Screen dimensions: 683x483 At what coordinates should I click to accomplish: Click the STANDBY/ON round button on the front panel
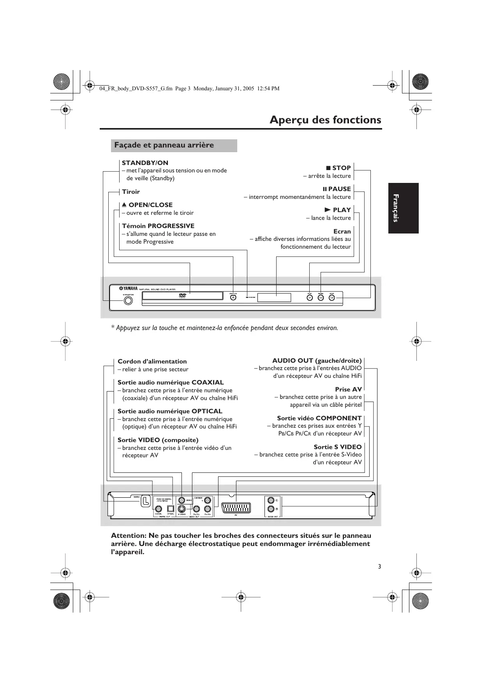click(128, 301)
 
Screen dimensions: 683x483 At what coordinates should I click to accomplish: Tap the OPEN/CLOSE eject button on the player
click(233, 298)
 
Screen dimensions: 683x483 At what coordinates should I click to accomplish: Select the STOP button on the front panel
click(331, 298)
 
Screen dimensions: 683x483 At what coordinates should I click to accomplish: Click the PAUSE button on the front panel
click(321, 298)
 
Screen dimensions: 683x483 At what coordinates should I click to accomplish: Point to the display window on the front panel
click(274, 298)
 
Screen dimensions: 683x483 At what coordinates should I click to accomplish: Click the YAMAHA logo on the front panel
click(128, 289)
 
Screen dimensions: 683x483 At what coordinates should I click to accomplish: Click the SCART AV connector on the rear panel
click(236, 508)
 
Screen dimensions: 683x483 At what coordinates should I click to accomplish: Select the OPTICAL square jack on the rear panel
click(170, 509)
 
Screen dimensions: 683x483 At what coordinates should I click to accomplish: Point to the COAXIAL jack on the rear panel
click(159, 509)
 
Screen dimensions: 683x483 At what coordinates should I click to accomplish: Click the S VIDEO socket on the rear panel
click(182, 509)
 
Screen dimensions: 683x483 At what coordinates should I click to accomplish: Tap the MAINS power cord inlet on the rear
click(146, 501)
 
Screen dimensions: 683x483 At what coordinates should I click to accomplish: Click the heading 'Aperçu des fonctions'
click(325, 119)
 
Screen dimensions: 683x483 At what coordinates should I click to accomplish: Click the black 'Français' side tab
click(403, 208)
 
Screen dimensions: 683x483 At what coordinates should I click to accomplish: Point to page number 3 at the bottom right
click(379, 566)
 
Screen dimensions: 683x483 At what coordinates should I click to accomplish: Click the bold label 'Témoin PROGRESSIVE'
click(158, 226)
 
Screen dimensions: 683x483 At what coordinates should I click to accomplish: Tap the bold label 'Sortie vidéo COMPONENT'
click(319, 418)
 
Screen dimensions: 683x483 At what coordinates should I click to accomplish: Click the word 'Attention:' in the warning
click(129, 536)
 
